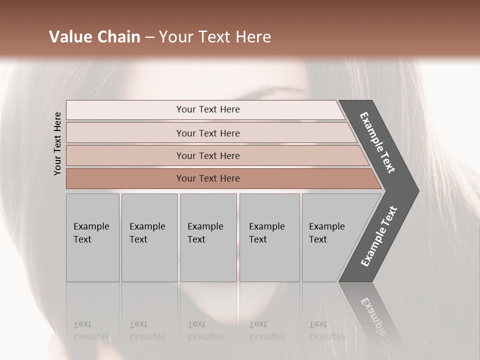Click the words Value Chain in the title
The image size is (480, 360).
[94, 36]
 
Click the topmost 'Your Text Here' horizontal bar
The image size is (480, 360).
[207, 109]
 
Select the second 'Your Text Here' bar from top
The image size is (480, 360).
[207, 133]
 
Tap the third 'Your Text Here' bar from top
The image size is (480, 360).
[207, 155]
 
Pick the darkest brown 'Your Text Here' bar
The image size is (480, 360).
[207, 178]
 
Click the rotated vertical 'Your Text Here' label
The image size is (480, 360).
[58, 143]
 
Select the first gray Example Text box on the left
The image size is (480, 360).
[92, 237]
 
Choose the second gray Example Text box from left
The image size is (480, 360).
[149, 237]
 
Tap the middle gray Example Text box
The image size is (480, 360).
[208, 237]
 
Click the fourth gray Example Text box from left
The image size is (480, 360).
[269, 237]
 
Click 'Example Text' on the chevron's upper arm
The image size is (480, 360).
[377, 142]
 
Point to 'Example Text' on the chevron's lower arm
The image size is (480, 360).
[379, 236]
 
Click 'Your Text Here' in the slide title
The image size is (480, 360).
[215, 36]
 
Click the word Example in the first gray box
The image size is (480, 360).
[91, 226]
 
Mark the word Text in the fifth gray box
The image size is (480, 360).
[318, 239]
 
